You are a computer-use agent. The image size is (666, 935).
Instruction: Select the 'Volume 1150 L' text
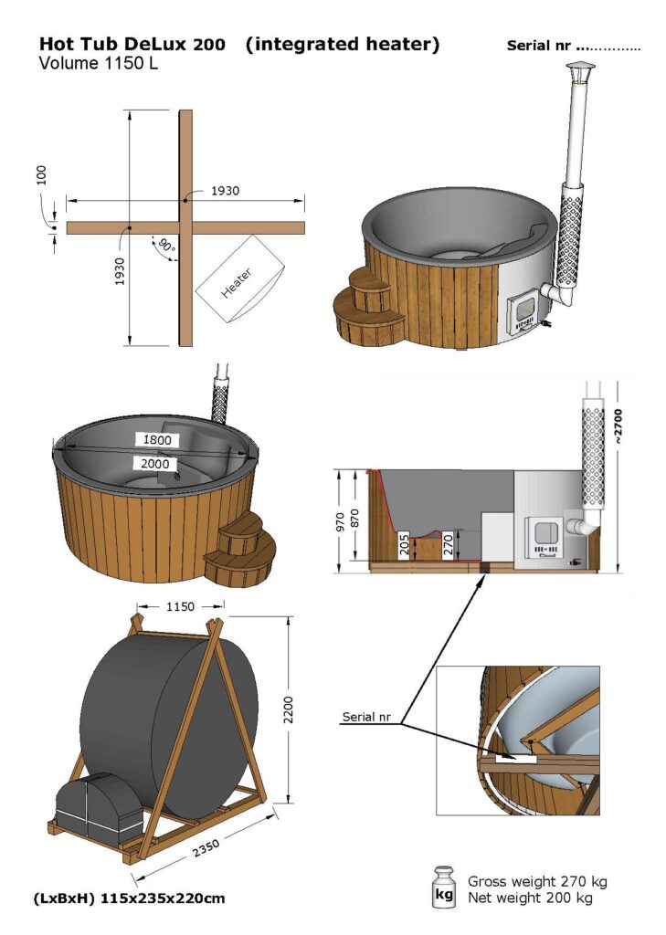pos(98,64)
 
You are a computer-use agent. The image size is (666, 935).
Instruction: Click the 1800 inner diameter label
pos(156,439)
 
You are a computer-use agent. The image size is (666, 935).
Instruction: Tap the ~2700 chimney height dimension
pos(618,425)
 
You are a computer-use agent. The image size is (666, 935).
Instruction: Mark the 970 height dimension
pos(341,521)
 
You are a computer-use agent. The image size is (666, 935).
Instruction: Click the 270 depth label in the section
pos(449,546)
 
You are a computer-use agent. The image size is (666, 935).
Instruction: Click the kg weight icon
pos(444,888)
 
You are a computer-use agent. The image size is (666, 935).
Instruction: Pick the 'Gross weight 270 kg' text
pos(536,881)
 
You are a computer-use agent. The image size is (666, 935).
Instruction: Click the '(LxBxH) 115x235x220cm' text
pos(130,898)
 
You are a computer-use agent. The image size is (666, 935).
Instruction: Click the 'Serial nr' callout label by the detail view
pos(366,717)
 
